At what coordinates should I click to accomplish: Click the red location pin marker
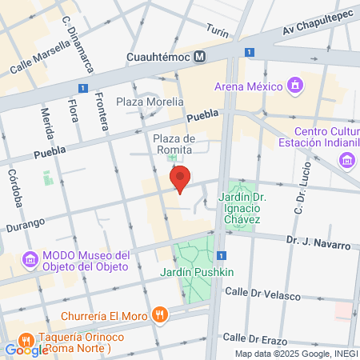pos(181,180)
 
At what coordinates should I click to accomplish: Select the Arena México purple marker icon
pos(295,86)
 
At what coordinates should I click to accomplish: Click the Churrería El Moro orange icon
pos(160,314)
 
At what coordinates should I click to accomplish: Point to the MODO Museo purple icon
pos(30,259)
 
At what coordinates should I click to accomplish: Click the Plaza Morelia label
pos(150,102)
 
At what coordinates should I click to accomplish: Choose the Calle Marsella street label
pos(35,60)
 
